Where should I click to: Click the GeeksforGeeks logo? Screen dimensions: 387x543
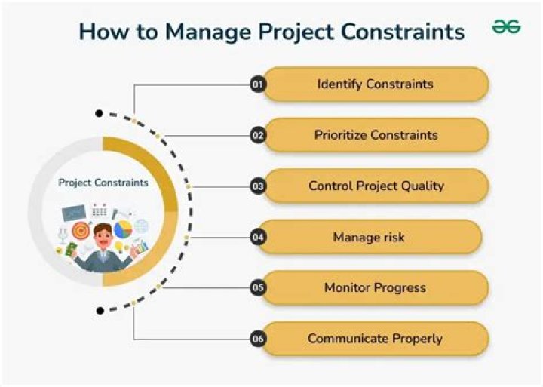point(506,27)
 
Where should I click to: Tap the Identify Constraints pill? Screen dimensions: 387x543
point(375,84)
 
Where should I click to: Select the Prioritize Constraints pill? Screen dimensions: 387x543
point(376,135)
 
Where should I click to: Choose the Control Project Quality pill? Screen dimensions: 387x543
point(376,186)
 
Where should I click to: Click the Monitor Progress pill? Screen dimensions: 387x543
point(375,287)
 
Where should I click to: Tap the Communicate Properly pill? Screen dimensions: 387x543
point(374,338)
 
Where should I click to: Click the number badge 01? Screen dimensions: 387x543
point(257,84)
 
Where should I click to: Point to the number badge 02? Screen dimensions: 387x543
point(257,136)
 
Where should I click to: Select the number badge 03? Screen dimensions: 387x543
point(257,186)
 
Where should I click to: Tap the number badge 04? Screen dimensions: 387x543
point(257,238)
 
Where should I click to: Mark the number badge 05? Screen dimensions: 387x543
point(257,288)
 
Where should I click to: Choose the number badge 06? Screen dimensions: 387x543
point(257,339)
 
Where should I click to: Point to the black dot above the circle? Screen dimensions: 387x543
point(99,114)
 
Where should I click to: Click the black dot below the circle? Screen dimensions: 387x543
point(99,310)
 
